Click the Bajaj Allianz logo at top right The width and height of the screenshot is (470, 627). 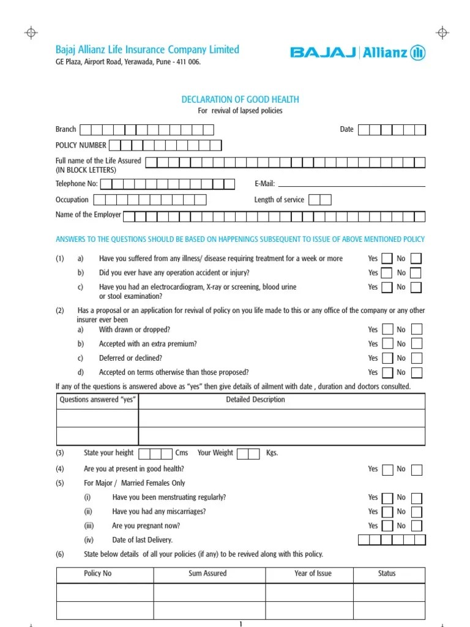[357, 53]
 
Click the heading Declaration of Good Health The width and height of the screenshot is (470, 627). [241, 100]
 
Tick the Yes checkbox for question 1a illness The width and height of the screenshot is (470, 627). [387, 259]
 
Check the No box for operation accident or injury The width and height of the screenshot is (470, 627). [416, 273]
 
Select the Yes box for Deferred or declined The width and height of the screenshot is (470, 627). [387, 358]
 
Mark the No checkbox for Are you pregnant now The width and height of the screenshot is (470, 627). [416, 526]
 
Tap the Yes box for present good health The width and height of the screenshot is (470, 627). [387, 470]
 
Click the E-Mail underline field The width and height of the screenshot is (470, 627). [351, 184]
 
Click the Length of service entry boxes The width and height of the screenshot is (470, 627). [320, 200]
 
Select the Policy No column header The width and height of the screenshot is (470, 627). [98, 574]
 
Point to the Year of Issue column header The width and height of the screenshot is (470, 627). [312, 574]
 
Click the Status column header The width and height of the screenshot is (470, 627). [387, 574]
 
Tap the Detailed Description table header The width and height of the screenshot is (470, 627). [255, 400]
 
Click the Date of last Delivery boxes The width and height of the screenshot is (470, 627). [391, 540]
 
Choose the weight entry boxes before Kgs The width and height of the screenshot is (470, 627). [248, 453]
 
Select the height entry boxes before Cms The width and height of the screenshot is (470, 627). [155, 453]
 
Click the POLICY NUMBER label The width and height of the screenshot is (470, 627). [81, 145]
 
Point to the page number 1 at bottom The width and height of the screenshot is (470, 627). [241, 623]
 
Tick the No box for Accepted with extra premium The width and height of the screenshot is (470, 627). [416, 344]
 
